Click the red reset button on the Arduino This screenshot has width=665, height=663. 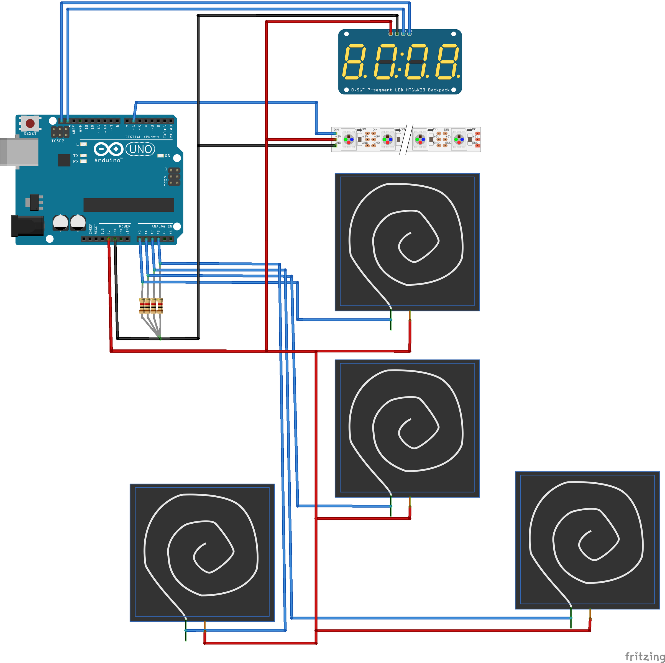tap(30, 123)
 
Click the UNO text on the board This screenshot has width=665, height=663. tap(140, 149)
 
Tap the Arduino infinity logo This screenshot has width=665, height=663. tap(108, 149)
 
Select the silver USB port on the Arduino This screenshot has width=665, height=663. tap(19, 152)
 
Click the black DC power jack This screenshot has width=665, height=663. tap(27, 226)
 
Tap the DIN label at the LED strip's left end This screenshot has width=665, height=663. tap(336, 130)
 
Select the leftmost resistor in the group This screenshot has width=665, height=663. tap(142, 305)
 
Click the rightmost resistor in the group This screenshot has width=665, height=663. tap(160, 305)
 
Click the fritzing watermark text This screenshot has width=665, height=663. tap(644, 656)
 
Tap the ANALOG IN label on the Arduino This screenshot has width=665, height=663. tap(162, 226)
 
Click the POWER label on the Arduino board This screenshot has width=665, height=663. tap(125, 226)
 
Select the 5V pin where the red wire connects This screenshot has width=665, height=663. tap(109, 239)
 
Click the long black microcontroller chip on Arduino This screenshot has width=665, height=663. tap(129, 205)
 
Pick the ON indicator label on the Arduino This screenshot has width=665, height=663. tap(168, 156)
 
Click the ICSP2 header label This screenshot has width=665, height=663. tap(57, 141)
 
